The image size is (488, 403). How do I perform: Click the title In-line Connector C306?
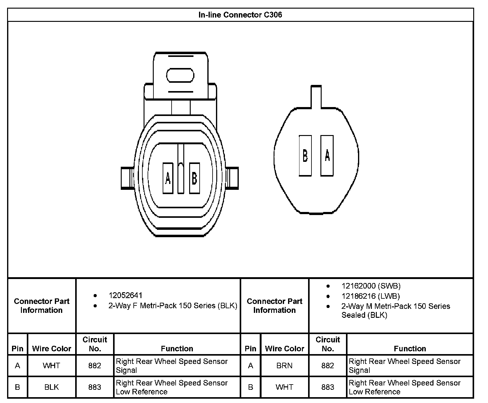[240, 15]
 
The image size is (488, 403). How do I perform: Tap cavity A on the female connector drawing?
[168, 178]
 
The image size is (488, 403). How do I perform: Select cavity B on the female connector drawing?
[194, 178]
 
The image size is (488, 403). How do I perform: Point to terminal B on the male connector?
[305, 156]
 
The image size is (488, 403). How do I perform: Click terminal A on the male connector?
[327, 156]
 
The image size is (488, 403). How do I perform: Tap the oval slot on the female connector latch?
[180, 76]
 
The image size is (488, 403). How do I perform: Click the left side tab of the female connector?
[127, 178]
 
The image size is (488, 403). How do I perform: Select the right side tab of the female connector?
[232, 178]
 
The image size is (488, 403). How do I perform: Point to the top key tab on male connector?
[316, 97]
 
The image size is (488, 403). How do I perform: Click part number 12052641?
[125, 296]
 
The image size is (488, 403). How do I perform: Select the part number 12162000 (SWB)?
[371, 286]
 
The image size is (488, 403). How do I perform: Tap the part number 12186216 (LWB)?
[371, 296]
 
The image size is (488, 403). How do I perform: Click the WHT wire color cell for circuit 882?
[51, 366]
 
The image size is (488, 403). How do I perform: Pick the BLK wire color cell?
[51, 387]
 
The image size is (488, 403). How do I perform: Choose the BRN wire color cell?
[284, 366]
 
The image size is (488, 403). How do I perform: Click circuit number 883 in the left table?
[95, 387]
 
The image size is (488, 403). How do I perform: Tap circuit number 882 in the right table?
[327, 366]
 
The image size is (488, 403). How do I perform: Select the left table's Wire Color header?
[51, 349]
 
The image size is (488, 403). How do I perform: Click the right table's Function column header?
[410, 349]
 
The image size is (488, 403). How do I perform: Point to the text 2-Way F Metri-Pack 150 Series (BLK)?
[173, 306]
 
